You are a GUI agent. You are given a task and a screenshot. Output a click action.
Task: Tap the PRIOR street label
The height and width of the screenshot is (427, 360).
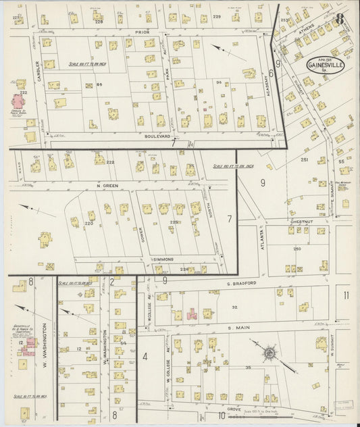(x=143, y=32)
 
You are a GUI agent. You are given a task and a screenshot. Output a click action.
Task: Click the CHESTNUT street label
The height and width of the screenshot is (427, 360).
(x=299, y=221)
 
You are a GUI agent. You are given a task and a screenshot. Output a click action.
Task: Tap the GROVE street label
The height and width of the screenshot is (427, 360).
(x=234, y=409)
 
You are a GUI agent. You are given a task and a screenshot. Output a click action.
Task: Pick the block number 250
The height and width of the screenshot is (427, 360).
(x=297, y=249)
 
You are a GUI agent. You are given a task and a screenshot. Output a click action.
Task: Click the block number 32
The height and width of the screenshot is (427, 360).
(x=234, y=307)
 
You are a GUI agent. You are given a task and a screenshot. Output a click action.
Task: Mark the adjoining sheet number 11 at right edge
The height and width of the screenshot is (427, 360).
(x=346, y=295)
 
